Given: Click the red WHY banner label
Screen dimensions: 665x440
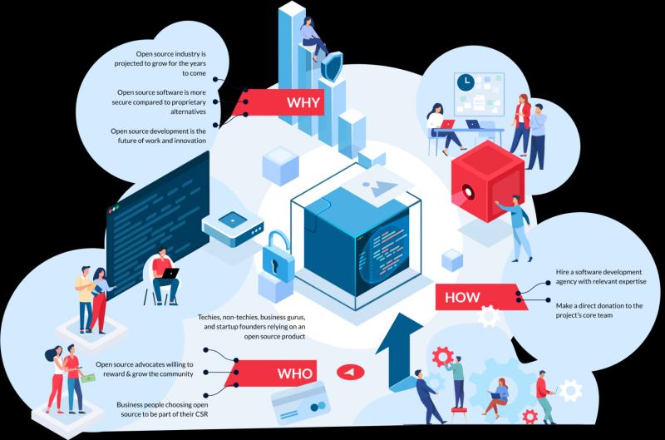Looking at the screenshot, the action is tap(279, 102).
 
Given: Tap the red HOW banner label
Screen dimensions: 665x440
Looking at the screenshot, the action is tap(480, 297).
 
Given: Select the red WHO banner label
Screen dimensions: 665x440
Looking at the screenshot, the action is tap(272, 373).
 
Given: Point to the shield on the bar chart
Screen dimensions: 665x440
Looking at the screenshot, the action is tap(331, 67).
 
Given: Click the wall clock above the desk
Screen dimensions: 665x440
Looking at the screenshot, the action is tap(465, 82).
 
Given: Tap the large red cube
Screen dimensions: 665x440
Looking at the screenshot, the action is tap(488, 181).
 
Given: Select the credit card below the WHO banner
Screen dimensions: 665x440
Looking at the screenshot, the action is tap(301, 403).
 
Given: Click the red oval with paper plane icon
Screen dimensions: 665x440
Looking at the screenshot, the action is tap(350, 372).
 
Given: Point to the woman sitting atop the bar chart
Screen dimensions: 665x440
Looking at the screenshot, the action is tap(313, 38).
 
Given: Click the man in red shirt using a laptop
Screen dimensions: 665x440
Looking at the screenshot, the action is tap(165, 276).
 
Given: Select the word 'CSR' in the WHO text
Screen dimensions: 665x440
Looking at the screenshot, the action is tap(201, 413).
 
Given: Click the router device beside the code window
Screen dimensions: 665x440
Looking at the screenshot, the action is tap(233, 228).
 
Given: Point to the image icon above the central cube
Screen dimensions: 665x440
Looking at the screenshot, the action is tap(380, 187).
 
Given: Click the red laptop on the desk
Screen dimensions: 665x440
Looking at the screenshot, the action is tap(446, 124).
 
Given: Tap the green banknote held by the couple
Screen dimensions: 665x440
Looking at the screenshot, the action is tap(88, 378).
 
